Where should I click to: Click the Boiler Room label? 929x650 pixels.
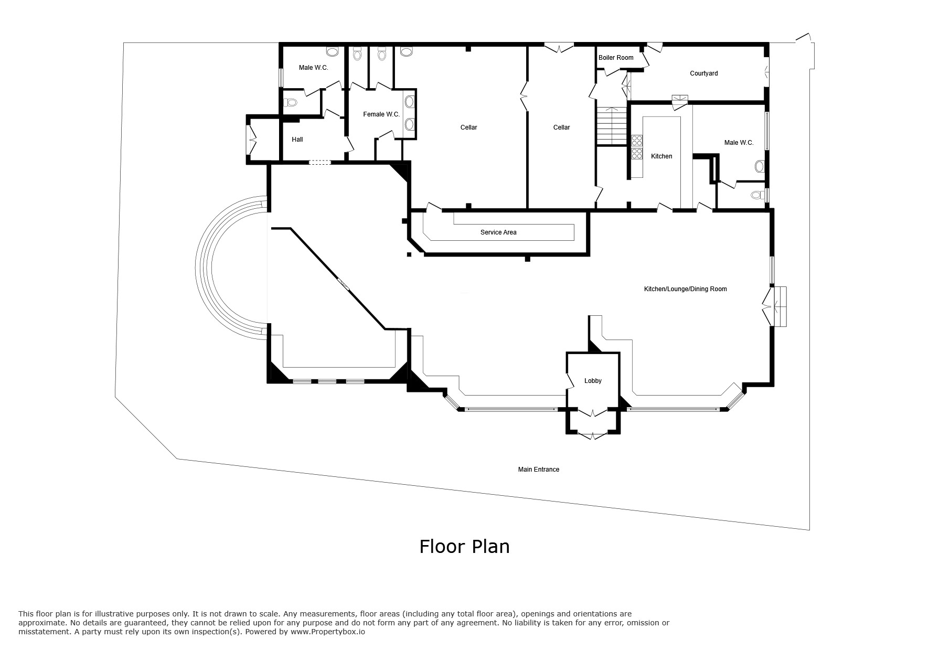616,58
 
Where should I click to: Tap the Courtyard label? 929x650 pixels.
703,73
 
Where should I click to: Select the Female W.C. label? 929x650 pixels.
381,114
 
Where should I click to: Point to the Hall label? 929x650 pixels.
297,140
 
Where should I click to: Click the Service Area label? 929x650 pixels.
498,232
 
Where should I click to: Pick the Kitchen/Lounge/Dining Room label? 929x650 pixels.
685,289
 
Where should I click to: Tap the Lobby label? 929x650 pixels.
593,381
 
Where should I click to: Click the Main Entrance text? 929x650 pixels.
539,470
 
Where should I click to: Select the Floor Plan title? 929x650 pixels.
464,547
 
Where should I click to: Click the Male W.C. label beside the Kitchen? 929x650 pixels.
739,143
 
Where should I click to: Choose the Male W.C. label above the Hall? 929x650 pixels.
313,68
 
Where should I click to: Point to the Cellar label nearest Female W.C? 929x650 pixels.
468,127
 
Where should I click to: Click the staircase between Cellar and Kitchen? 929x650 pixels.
612,126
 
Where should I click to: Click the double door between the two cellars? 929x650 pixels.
524,96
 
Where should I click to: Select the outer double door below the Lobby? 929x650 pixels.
593,435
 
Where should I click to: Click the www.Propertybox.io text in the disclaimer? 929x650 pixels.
328,632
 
